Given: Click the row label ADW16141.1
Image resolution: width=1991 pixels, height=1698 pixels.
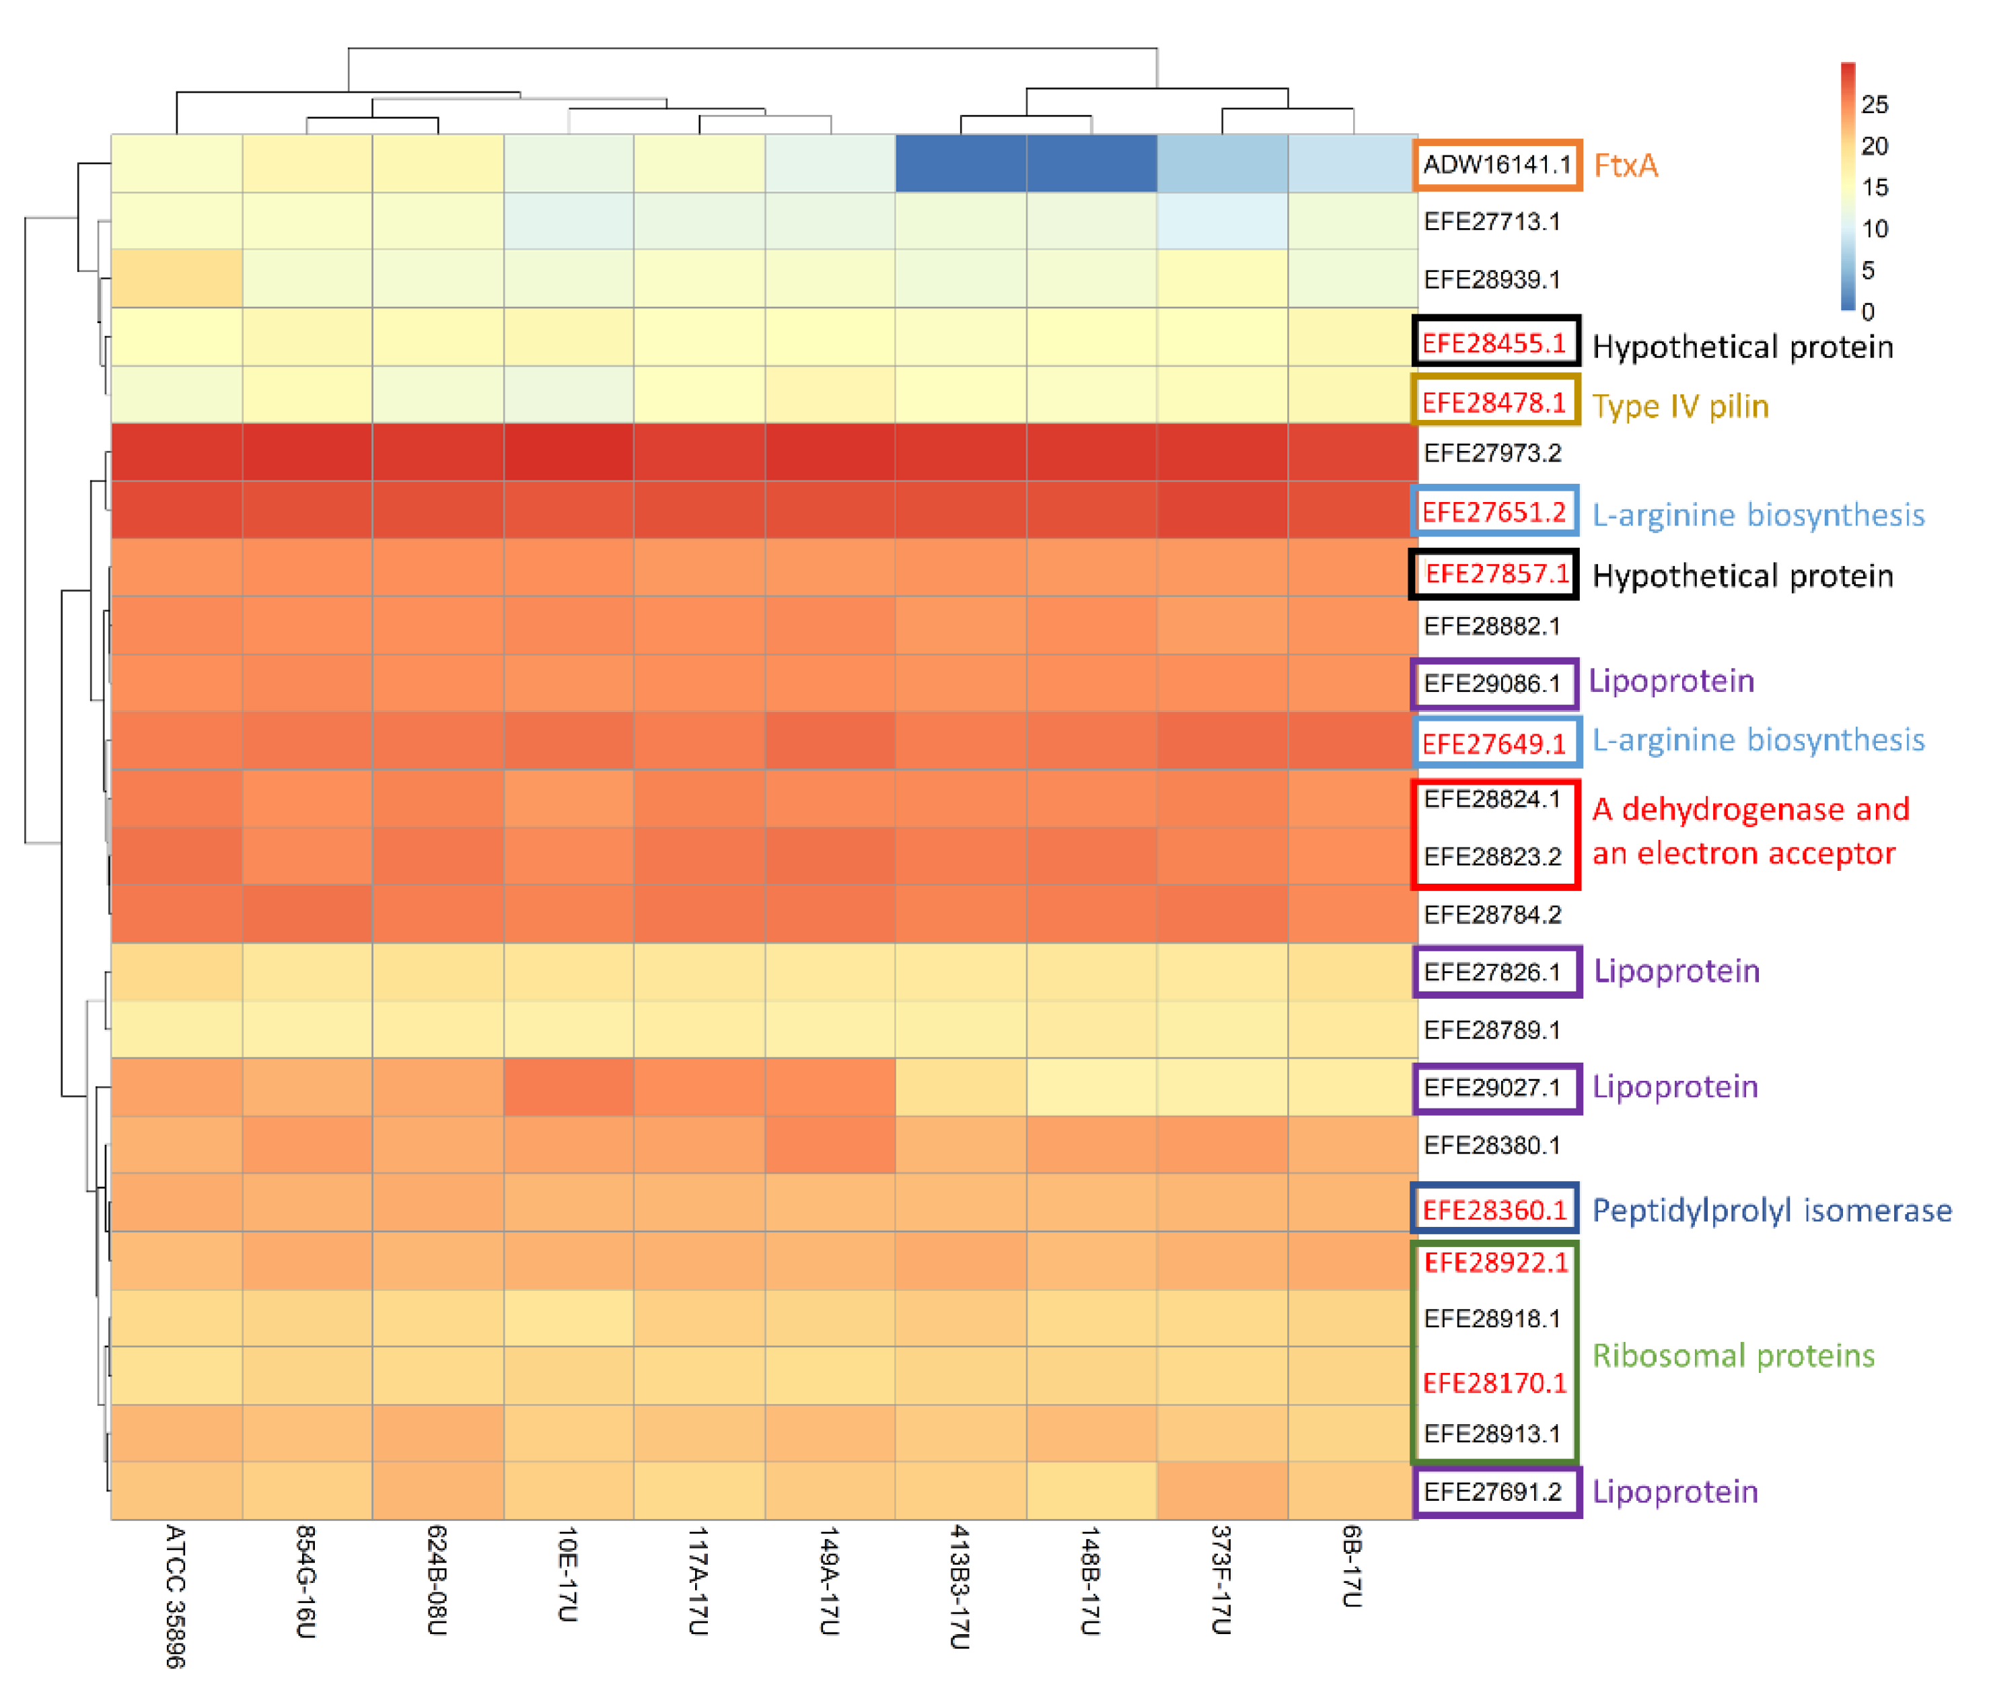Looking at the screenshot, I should [x=1496, y=164].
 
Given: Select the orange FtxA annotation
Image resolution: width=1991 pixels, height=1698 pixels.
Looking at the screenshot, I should [x=1625, y=166].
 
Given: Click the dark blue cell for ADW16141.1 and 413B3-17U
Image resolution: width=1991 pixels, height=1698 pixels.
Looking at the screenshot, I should [x=960, y=164].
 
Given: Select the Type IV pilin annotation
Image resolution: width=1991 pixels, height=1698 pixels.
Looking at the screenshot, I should [x=1679, y=406].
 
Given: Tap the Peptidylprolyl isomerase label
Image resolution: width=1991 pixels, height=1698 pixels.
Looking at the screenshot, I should [x=1771, y=1210].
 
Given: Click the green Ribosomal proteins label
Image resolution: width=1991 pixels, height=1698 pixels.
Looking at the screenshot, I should [x=1733, y=1355].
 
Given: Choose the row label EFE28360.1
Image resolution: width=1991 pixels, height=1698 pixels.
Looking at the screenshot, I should [x=1494, y=1210].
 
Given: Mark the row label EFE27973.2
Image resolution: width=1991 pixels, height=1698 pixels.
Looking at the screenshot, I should [x=1492, y=453].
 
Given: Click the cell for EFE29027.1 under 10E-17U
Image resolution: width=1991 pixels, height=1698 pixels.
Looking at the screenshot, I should [x=568, y=1087].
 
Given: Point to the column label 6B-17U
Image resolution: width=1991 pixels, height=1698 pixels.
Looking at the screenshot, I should [x=1351, y=1565].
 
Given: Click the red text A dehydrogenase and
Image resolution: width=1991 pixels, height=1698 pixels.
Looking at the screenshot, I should [x=1750, y=809].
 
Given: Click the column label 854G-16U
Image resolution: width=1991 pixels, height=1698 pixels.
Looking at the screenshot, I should [x=305, y=1582].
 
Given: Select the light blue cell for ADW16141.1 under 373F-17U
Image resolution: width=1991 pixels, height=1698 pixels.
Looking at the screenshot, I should [x=1221, y=164].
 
